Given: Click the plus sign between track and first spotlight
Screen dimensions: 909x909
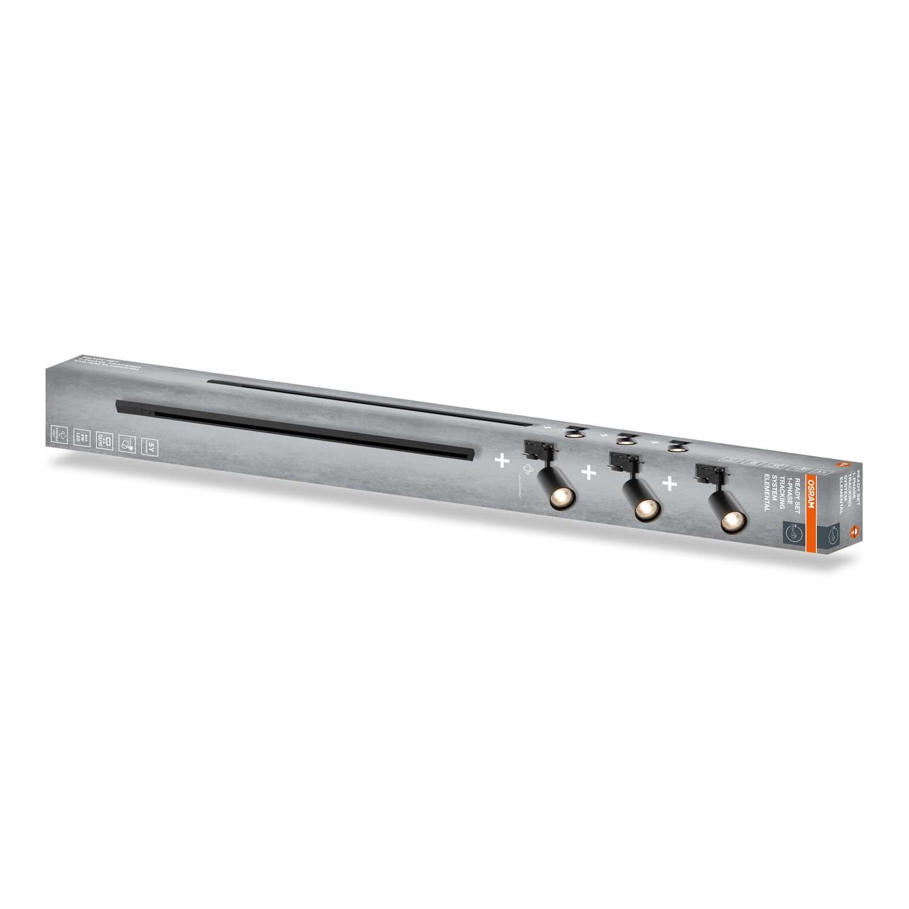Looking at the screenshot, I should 501,462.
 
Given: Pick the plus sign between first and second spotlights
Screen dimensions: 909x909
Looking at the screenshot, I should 587,473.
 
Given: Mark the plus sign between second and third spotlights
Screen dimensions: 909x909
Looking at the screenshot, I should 669,483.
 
